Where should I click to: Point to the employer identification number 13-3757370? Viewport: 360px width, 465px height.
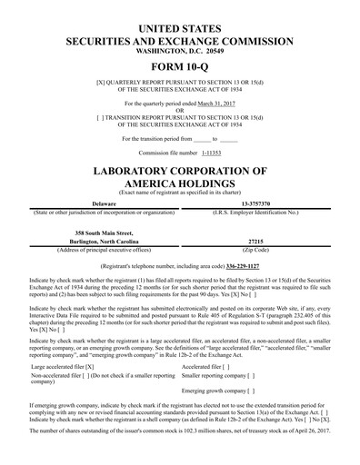pos(255,203)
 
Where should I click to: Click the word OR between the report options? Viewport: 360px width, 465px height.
pos(179,111)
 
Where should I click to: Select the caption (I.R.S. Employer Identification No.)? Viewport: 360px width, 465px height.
pos(255,212)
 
